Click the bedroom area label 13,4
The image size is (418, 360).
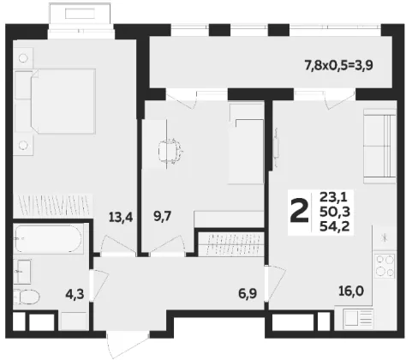pos(121,218)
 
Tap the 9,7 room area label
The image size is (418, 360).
pos(163,216)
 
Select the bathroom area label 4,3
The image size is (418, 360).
pos(75,294)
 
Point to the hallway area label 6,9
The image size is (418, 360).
pos(248,293)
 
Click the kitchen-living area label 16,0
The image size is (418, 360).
pos(351,291)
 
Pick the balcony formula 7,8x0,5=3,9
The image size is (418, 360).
pos(339,66)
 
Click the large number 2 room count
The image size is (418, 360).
pos(300,211)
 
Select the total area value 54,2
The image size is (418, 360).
pos(335,226)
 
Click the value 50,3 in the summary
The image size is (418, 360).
pos(335,212)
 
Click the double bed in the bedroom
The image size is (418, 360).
pos(63,101)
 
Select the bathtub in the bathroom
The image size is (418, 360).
pos(49,239)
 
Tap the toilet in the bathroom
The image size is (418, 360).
pos(27,297)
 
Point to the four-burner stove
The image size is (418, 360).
pos(385,266)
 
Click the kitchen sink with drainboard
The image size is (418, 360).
pos(358,318)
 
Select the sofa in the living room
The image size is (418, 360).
pos(379,146)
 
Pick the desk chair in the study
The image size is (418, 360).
pos(170,151)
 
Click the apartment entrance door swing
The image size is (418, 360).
pos(128,344)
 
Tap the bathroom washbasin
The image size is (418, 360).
pos(22,272)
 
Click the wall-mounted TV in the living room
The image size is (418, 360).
pos(276,147)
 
